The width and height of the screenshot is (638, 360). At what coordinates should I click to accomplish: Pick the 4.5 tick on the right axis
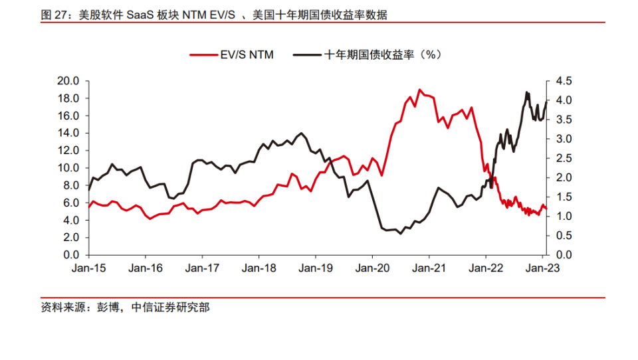click(560, 81)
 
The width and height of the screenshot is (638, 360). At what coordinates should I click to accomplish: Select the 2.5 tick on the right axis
click(560, 158)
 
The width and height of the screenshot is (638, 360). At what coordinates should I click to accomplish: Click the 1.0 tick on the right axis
click(560, 216)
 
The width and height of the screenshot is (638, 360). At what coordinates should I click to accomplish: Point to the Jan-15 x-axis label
click(89, 268)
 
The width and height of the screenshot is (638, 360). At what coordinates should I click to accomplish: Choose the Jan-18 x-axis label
click(259, 268)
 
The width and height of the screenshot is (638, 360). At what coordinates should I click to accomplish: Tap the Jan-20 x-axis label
click(372, 268)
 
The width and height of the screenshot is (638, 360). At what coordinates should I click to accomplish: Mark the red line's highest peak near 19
click(419, 89)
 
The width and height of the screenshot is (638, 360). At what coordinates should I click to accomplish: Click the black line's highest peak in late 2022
click(527, 92)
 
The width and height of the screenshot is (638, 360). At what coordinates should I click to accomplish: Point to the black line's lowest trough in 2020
click(400, 234)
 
